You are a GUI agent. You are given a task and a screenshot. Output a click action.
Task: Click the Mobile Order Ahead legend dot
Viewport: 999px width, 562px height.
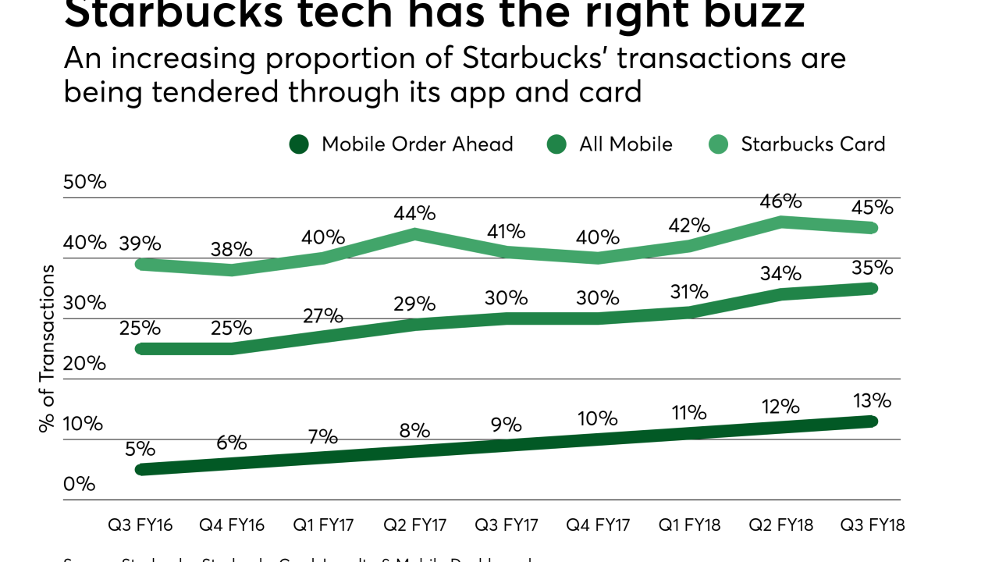coord(299,144)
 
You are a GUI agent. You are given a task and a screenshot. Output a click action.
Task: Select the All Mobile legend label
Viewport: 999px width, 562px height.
coord(625,144)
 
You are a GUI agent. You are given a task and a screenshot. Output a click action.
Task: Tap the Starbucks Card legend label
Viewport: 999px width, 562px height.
coord(812,144)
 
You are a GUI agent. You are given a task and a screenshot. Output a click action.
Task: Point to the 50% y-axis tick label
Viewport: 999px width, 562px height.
coord(84,182)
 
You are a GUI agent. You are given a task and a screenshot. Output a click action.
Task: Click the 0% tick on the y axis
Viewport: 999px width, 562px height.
coord(79,484)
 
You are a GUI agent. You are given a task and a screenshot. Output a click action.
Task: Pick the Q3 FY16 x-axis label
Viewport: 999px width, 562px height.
coord(140,525)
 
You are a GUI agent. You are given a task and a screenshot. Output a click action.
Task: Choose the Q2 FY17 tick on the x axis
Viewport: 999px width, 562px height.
coord(414,525)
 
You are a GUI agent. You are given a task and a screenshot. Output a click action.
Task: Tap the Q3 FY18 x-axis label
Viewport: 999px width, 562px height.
coord(872,525)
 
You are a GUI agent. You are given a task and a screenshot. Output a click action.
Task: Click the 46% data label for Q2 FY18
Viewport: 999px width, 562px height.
coord(780,201)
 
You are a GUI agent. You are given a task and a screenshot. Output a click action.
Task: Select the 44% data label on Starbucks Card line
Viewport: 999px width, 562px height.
coord(414,213)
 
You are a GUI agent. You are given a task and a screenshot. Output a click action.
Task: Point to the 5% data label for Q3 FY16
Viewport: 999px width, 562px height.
coord(140,449)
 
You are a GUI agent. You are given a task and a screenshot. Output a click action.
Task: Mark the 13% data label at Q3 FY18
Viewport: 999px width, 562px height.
coord(872,400)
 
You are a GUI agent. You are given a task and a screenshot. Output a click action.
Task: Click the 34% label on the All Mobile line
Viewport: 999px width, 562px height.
coord(780,273)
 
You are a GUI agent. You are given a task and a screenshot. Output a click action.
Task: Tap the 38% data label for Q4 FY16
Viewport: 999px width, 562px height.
coord(231,249)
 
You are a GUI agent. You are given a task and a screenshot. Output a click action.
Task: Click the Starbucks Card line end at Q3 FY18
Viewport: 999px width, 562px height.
coord(872,227)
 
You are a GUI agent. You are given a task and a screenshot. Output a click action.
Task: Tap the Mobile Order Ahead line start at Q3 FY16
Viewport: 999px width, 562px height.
coord(140,469)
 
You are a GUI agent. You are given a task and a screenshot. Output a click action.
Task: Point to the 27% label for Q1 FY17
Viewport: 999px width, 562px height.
coord(322,315)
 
